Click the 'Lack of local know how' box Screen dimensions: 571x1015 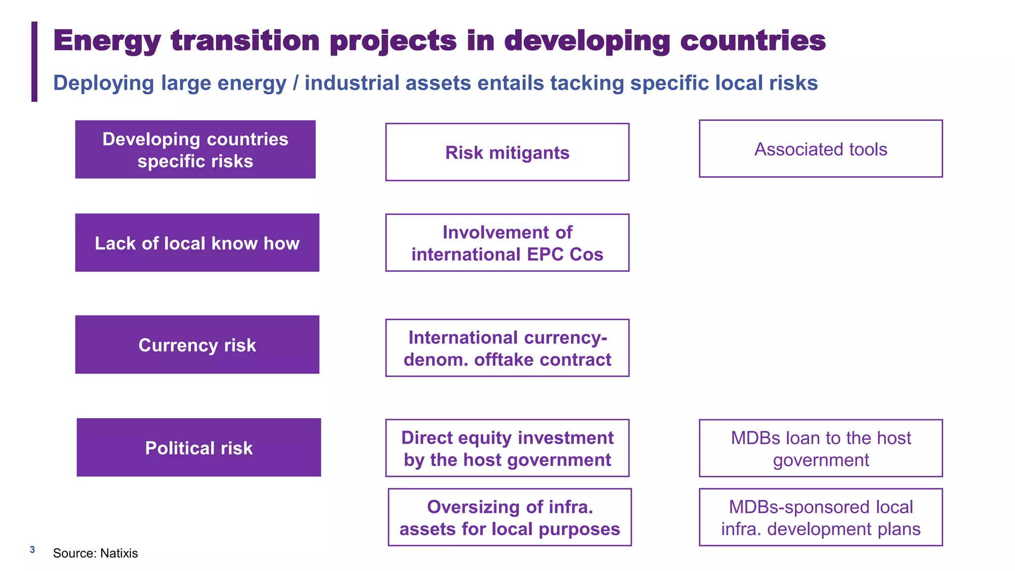tap(197, 243)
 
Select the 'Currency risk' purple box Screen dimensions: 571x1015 tap(197, 344)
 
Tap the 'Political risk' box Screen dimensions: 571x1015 tap(198, 448)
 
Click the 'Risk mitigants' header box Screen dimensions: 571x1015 tap(507, 152)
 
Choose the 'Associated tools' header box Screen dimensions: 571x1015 tap(820, 149)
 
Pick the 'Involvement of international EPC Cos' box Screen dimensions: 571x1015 tap(507, 243)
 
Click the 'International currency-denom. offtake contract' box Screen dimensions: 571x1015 tap(507, 348)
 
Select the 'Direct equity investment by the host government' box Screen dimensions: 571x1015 tap(507, 448)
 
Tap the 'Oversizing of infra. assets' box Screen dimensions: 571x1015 tap(509, 517)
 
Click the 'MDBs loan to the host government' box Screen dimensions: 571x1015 tap(820, 448)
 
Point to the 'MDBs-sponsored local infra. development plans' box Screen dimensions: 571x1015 tap(820, 517)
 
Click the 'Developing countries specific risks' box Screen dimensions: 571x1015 tap(195, 149)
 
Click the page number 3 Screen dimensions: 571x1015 tap(32, 550)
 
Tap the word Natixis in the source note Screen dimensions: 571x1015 tap(119, 553)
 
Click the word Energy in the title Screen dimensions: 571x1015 tap(107, 41)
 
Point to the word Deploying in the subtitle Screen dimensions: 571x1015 tap(103, 83)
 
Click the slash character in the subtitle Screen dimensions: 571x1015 tap(295, 83)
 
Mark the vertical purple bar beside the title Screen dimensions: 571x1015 tap(34, 61)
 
